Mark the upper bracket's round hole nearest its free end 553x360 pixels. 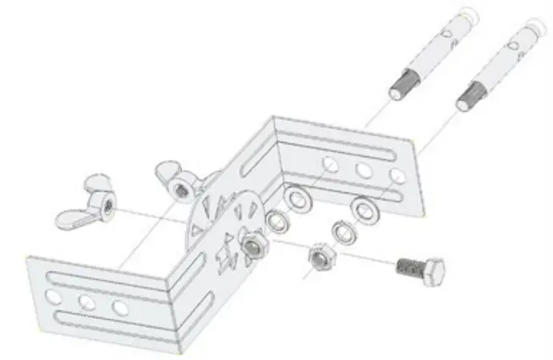coord(396,176)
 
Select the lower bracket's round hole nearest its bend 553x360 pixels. coord(121,309)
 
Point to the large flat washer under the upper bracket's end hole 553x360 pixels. coord(369,210)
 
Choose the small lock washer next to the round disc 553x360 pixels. coord(277,219)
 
